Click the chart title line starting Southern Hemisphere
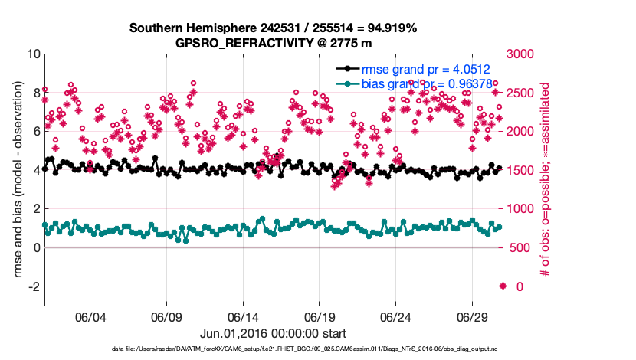pyautogui.click(x=273, y=28)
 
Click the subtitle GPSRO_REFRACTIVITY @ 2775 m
pyautogui.click(x=273, y=42)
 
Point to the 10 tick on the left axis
pyautogui.click(x=34, y=54)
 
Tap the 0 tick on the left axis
pyautogui.click(x=36, y=247)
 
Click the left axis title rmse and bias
pyautogui.click(x=15, y=181)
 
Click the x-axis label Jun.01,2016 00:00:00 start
pyautogui.click(x=273, y=333)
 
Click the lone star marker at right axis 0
pyautogui.click(x=503, y=286)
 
